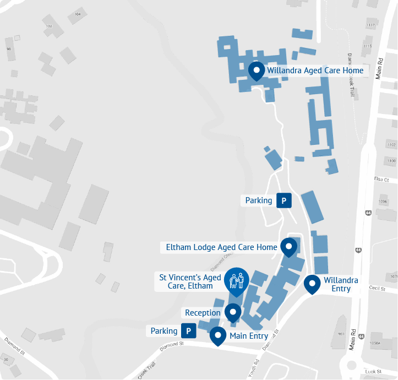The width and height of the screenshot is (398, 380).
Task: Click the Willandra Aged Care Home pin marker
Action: [256, 71]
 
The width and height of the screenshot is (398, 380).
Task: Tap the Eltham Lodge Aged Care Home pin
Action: [288, 247]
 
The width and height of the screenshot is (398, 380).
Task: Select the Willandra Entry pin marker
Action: [313, 284]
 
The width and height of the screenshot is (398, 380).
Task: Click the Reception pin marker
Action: [233, 312]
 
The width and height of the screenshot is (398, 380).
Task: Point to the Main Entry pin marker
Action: [219, 335]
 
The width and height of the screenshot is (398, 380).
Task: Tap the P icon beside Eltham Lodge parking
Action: [283, 200]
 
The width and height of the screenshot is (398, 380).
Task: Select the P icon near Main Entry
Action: [189, 331]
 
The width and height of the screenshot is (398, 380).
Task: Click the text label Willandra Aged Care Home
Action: [315, 70]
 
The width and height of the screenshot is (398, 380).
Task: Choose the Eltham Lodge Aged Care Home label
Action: [221, 247]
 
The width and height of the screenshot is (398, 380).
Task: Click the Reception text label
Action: [203, 313]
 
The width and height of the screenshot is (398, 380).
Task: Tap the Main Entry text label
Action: [249, 336]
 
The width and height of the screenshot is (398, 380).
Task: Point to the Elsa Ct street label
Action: [381, 180]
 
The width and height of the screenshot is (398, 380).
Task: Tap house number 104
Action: [77, 14]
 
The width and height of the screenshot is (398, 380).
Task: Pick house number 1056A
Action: [376, 342]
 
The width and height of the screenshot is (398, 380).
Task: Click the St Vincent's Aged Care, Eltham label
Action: [190, 282]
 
